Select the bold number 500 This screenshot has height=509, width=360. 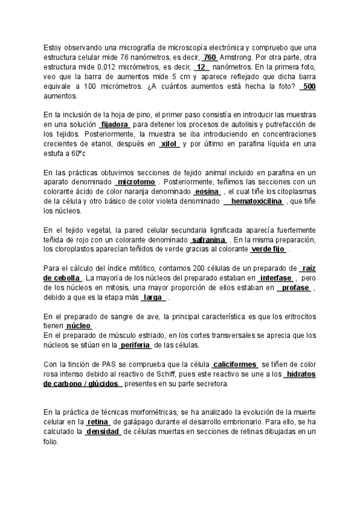[308, 86]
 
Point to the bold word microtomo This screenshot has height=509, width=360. [136, 182]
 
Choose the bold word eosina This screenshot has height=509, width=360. [207, 191]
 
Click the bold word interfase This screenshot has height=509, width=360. [277, 278]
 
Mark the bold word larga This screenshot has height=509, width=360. [153, 298]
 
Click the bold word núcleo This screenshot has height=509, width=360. [78, 326]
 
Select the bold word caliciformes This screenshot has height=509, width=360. [235, 364]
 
